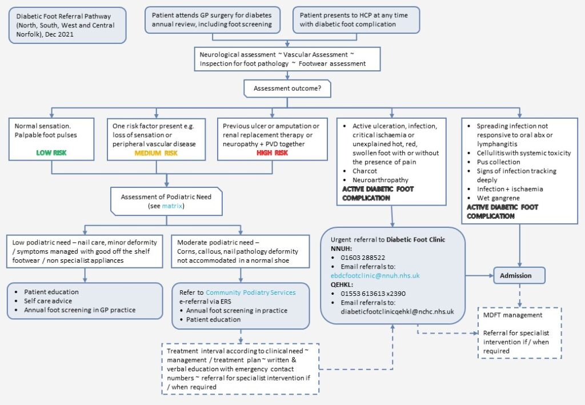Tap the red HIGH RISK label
point(271,153)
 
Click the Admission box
point(515,275)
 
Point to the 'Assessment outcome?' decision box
point(287,89)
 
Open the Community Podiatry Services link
point(251,292)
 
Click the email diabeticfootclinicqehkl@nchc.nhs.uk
point(397,311)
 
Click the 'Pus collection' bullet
point(498,162)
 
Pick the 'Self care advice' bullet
point(49,300)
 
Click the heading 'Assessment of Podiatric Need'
point(166,197)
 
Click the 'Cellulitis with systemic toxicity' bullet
point(523,153)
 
